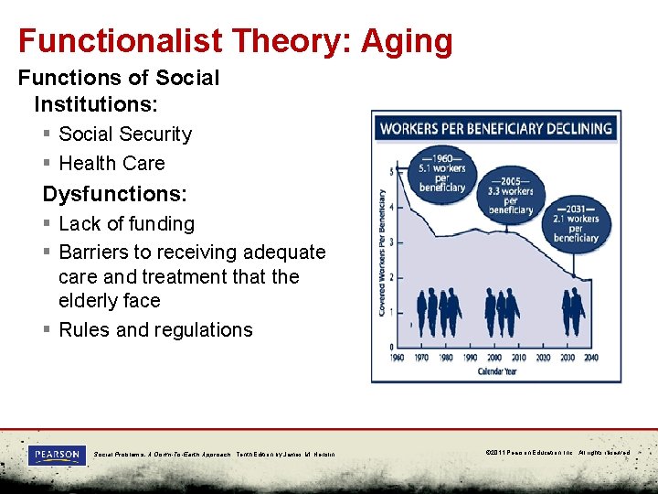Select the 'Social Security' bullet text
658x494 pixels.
(x=125, y=134)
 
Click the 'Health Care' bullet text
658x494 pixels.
(x=111, y=164)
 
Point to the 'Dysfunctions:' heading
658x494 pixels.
(x=114, y=194)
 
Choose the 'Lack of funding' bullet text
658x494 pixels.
(x=126, y=224)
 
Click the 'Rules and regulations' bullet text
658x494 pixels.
(x=155, y=330)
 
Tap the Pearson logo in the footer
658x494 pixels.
(x=57, y=455)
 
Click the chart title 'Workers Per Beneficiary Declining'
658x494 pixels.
(x=495, y=129)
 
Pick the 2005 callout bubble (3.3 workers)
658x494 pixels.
(x=511, y=194)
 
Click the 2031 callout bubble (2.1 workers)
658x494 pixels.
(x=575, y=222)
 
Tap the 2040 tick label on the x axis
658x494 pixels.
(x=591, y=358)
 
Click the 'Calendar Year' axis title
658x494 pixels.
(x=494, y=371)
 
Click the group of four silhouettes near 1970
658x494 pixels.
(x=439, y=314)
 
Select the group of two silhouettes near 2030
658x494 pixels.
(x=573, y=314)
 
